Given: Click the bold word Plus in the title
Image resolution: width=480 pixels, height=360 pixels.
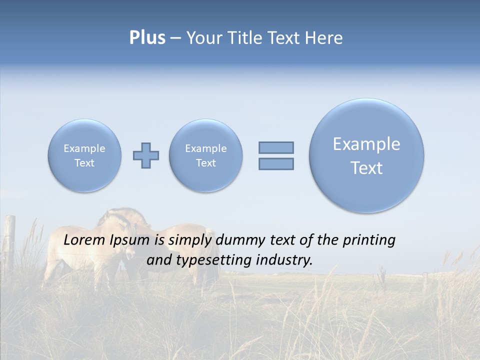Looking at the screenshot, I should (147, 38).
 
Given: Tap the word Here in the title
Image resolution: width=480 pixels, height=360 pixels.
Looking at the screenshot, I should (325, 38).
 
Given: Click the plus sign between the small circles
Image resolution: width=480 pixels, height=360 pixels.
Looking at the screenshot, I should (146, 155).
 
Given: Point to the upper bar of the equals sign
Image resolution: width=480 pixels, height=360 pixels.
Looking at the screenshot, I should (276, 147).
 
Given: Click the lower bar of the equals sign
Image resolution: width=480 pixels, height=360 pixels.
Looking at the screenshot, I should (276, 163).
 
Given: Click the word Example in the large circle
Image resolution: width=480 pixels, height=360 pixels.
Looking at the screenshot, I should (366, 144).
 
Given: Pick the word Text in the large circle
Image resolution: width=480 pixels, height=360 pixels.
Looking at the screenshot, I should (366, 168).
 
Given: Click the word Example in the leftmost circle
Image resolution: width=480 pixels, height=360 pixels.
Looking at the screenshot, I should (84, 148).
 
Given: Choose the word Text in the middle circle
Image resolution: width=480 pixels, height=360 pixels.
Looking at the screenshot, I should (206, 163).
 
